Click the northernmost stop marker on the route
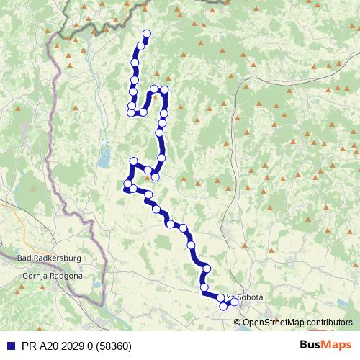coord(147,33)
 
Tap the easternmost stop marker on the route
coord(234,302)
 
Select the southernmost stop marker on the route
coord(223,307)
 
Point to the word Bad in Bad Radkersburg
coord(24,257)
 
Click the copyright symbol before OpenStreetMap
coord(238,322)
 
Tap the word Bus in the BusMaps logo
coord(311,346)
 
